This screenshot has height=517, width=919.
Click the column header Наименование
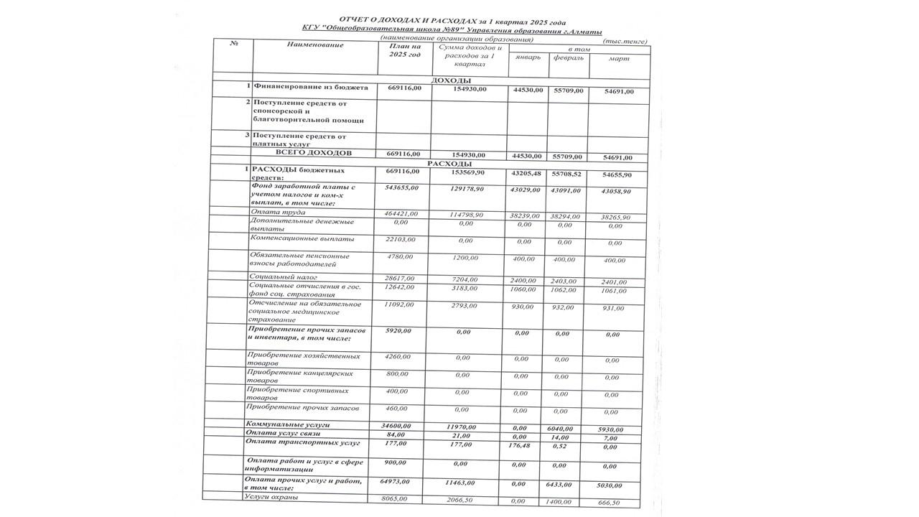click(314, 45)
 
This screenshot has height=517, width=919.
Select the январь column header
click(528, 57)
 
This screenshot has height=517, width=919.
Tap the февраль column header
click(569, 58)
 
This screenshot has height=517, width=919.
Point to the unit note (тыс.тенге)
click(626, 42)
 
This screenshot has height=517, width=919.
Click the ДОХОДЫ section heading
click(450, 80)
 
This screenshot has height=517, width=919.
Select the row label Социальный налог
click(283, 276)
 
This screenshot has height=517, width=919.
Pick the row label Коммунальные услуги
click(283, 425)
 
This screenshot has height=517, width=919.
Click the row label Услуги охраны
click(271, 497)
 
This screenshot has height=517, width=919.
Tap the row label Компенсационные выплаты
click(302, 238)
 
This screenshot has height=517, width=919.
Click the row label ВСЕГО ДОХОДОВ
click(314, 154)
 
